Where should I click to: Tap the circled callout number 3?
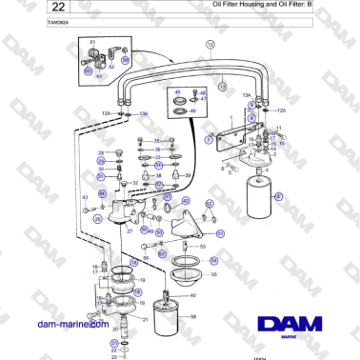point(279,196)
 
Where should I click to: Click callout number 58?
point(193,316)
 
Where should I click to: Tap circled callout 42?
point(185,201)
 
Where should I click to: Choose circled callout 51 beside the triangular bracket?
point(220,232)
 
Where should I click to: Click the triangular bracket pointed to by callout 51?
point(183,227)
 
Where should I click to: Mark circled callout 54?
point(213,260)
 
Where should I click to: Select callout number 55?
point(213,273)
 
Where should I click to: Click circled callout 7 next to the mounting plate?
point(209,140)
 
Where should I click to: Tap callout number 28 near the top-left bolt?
point(101,152)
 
